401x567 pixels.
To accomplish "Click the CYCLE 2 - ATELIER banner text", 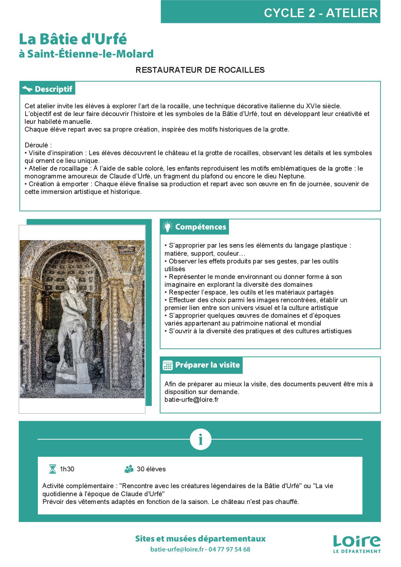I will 320,13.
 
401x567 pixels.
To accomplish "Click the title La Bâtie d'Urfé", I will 73,39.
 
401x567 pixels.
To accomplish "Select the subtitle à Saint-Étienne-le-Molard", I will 86,54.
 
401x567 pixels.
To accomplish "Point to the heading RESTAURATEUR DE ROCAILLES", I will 200,70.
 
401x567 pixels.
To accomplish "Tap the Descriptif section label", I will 53,89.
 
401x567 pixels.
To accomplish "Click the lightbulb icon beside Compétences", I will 167,227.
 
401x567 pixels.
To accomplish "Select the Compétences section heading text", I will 200,227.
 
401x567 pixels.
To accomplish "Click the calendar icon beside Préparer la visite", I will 168,365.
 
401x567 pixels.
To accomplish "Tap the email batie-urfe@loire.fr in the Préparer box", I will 191,400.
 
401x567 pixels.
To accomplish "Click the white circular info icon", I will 200,439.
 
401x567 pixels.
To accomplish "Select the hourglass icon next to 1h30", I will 52,469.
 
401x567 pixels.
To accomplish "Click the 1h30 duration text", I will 67,469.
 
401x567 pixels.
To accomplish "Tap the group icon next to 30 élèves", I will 129,469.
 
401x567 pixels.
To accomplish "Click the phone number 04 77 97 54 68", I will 229,549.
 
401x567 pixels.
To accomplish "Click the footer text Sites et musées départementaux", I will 200,539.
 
